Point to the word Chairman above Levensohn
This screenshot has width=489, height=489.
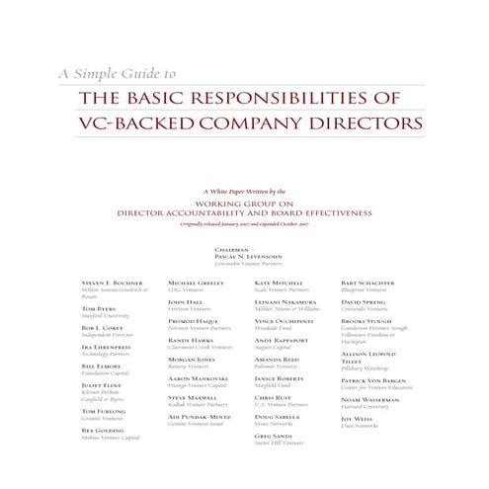(x=234, y=250)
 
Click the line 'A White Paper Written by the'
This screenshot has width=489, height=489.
(x=244, y=189)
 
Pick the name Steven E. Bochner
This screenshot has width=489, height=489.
(x=115, y=283)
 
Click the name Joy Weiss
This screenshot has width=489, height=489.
(x=357, y=418)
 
